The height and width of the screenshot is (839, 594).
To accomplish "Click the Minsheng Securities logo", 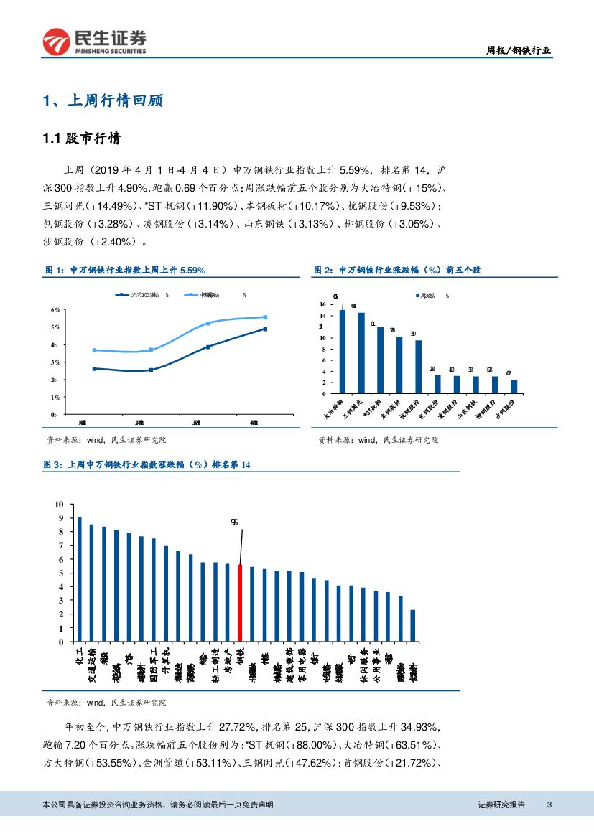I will click(x=94, y=42).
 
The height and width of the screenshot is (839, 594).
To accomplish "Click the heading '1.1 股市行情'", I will click(x=81, y=139).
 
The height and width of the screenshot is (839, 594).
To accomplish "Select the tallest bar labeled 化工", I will click(x=79, y=579).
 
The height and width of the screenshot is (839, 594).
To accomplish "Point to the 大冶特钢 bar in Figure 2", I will click(x=343, y=352).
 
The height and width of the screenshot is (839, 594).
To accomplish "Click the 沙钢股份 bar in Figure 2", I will click(x=514, y=386).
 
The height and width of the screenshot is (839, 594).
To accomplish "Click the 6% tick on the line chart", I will click(x=55, y=310).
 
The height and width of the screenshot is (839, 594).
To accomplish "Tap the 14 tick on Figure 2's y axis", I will click(x=322, y=304).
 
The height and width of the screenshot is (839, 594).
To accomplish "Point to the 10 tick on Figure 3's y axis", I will click(x=60, y=505).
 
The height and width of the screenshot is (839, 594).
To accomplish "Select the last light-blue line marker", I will click(x=264, y=317).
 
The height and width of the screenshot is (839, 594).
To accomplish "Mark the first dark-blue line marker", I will click(x=94, y=368).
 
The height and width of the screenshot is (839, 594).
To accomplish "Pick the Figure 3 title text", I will click(x=148, y=466).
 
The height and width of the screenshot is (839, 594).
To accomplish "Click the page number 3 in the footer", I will click(x=549, y=805).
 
